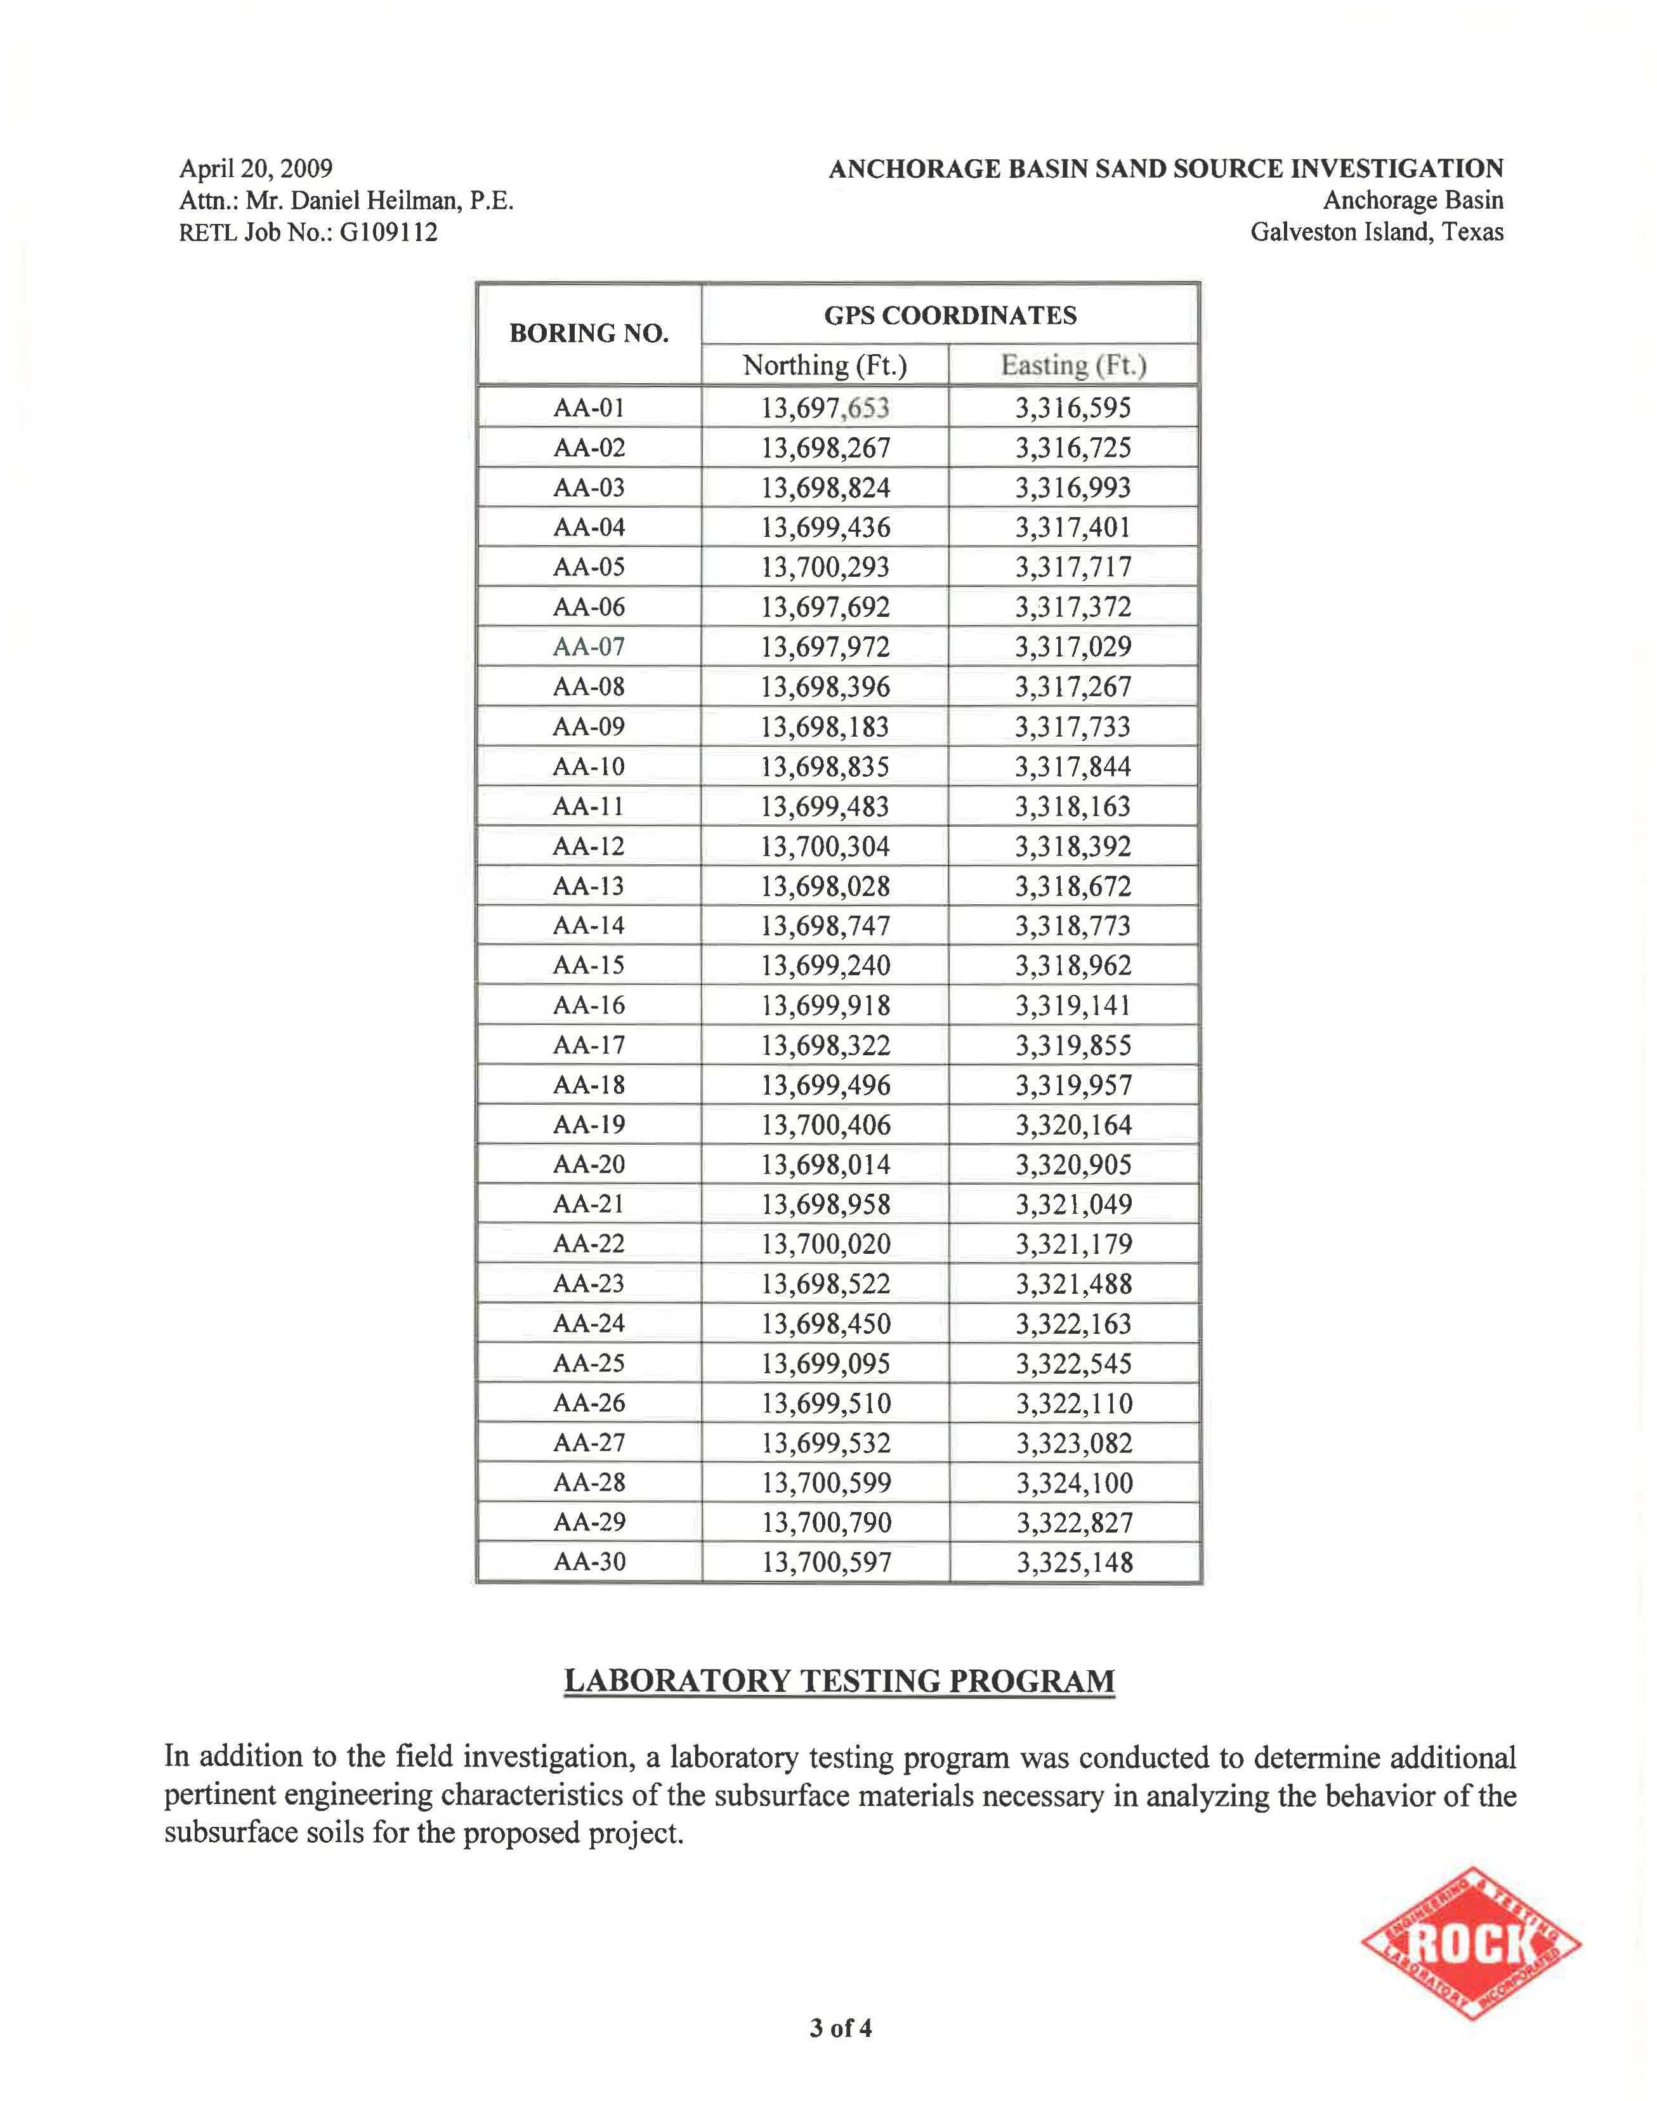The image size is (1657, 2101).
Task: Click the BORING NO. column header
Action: coord(589,334)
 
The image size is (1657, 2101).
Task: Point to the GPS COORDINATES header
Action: coord(950,315)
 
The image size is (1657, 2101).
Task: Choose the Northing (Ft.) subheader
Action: coord(825,366)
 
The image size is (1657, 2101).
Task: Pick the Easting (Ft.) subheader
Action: coord(1073,366)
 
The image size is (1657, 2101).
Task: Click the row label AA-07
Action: coord(589,647)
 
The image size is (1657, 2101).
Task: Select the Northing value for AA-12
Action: coord(825,846)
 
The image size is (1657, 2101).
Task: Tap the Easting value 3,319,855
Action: coord(1073,1045)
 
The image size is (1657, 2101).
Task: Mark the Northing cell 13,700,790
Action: coord(825,1522)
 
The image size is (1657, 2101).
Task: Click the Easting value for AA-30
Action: coord(1074,1562)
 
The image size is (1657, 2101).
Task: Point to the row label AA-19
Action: coord(589,1124)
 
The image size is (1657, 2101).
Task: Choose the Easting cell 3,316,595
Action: coord(1073,407)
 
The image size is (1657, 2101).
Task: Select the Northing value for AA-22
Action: coord(825,1244)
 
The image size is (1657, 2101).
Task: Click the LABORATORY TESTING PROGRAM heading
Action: coord(839,1681)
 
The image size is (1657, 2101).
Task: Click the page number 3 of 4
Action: coord(840,2028)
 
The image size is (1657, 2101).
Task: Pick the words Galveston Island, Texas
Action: coord(1377,233)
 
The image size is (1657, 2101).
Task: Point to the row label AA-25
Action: coord(589,1364)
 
